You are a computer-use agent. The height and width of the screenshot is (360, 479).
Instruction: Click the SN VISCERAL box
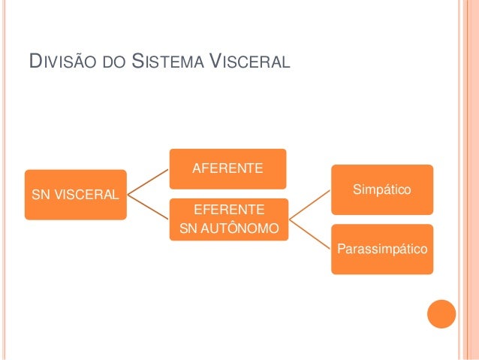coord(75,195)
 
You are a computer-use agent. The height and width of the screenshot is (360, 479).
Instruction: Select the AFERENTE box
coord(227,168)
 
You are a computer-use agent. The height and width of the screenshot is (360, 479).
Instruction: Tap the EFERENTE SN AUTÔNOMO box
coord(227,218)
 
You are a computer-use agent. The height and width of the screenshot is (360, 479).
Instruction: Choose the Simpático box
coord(383,189)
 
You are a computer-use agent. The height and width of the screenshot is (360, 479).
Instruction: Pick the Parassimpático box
coord(383,248)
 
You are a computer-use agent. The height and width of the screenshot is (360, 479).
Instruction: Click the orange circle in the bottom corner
coord(441,314)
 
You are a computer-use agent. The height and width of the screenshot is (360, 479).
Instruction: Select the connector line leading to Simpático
coord(311,204)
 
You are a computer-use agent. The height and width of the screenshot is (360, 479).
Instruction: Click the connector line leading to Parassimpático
coord(311,234)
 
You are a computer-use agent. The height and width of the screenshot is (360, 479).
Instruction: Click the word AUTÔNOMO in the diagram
coord(239,228)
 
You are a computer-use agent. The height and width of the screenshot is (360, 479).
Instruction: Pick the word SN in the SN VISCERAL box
coord(38,195)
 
